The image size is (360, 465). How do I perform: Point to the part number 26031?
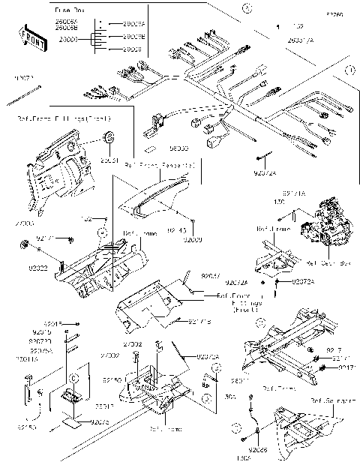109,159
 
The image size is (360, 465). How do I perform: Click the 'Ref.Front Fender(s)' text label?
160,163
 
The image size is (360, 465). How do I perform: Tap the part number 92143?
177,230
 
